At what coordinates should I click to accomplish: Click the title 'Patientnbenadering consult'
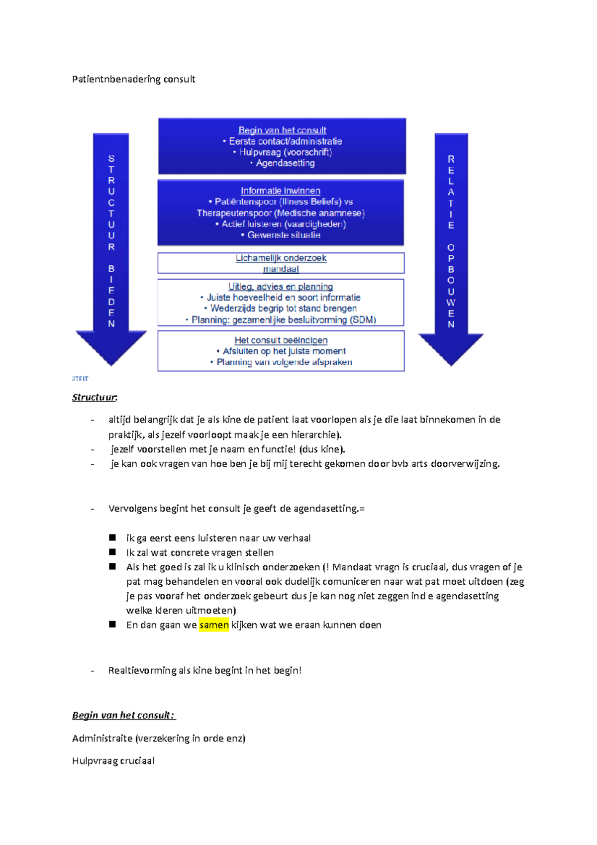coord(133,79)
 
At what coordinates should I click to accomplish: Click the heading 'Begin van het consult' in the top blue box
coord(282,130)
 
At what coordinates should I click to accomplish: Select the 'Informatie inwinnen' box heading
coord(281,191)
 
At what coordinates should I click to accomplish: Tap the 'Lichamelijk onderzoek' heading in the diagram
coord(281,258)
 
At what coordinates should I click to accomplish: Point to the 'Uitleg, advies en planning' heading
coord(281,287)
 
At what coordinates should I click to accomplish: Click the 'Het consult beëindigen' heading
coord(281,340)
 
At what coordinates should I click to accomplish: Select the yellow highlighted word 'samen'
coord(214,625)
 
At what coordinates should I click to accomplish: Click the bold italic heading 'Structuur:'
coord(95,397)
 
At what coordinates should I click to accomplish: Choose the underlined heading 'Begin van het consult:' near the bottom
coord(123,715)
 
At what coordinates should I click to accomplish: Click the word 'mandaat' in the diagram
coord(281,269)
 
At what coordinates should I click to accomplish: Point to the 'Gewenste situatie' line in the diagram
coord(284,235)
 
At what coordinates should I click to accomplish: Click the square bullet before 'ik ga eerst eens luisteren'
coord(112,537)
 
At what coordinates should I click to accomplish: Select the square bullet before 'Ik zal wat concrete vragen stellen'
coord(112,552)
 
